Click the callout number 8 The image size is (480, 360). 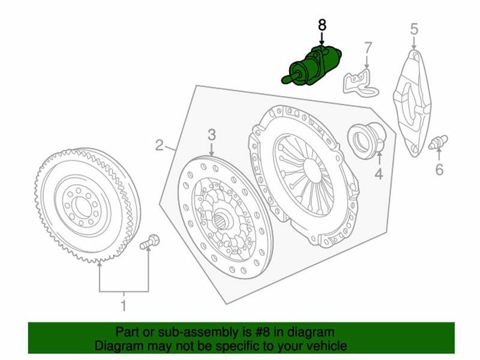point(322,25)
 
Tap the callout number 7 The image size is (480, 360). point(368,48)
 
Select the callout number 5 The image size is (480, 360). point(414,29)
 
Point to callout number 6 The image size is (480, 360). point(439,169)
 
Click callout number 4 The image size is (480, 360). point(379,173)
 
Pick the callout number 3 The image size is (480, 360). point(212,134)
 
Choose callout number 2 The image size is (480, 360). point(159,145)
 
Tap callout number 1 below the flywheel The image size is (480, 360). point(124,305)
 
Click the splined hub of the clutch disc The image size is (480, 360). point(223,220)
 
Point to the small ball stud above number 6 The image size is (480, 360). point(438,142)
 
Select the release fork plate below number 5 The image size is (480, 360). point(412,103)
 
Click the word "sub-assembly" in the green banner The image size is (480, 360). point(197,332)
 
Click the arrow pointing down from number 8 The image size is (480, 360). point(322,39)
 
